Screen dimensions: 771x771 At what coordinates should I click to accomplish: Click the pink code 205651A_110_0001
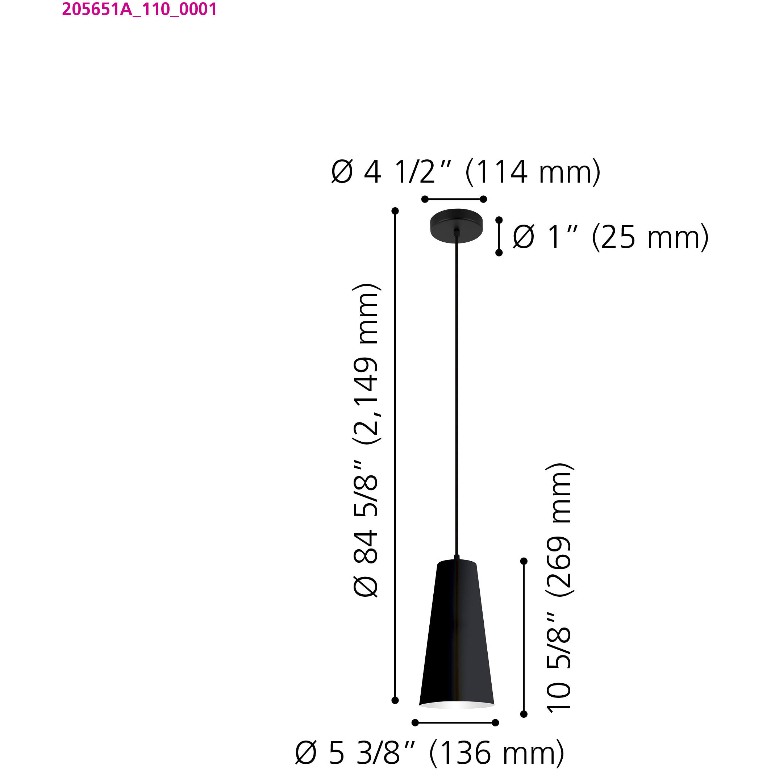139,9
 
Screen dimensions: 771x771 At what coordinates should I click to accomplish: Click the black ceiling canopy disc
456,225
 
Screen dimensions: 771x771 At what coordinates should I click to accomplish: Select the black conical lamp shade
456,630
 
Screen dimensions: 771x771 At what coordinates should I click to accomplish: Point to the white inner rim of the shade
456,705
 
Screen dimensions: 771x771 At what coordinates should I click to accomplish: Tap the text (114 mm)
533,172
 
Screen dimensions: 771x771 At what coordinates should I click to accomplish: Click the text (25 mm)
650,237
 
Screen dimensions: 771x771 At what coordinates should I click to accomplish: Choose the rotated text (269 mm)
559,530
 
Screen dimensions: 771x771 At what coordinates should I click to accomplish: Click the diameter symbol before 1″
523,237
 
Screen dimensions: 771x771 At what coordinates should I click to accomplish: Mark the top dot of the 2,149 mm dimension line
395,211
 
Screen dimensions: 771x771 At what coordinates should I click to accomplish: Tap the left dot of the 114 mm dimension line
425,199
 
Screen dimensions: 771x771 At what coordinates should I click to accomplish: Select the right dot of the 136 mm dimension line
495,723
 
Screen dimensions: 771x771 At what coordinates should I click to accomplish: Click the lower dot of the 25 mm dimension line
499,253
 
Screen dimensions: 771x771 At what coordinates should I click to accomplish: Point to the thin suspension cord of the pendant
457,399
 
